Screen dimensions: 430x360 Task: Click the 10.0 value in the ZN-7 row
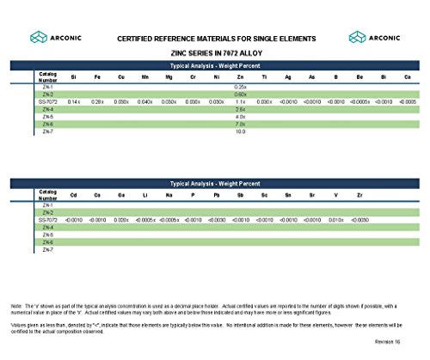coord(240,131)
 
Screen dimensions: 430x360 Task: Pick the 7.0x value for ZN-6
coord(240,124)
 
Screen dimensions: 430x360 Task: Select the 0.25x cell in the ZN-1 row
coord(240,87)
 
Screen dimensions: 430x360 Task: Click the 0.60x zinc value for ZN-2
coord(240,95)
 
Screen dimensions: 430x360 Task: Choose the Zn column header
coord(240,77)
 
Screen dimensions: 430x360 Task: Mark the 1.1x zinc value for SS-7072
coord(240,101)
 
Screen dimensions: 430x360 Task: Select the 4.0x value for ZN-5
coord(240,117)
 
